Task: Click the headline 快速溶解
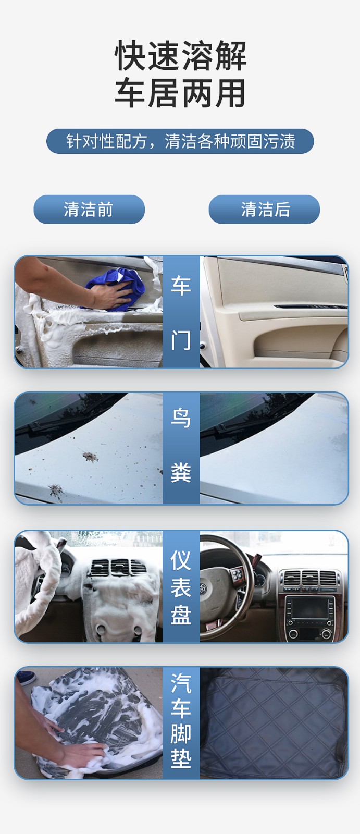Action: (180, 56)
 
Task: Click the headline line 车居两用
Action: (180, 93)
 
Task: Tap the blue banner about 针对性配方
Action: (180, 141)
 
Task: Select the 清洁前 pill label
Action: (89, 209)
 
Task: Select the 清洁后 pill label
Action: (264, 209)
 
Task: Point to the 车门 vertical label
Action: (181, 312)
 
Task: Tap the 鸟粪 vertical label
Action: (181, 445)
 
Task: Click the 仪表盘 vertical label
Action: (181, 587)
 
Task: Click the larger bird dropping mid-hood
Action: (91, 457)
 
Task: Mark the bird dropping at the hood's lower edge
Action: (56, 492)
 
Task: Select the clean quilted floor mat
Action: (274, 722)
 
